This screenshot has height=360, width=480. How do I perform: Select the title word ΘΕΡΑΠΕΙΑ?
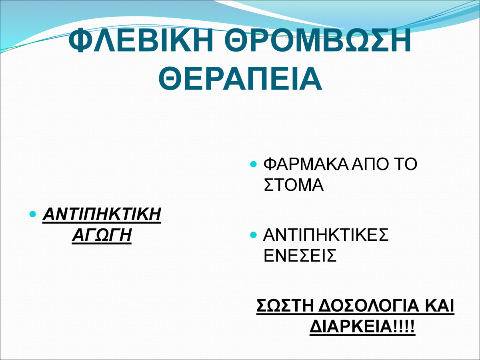click(240, 78)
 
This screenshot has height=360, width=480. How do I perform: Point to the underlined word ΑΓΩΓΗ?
click(102, 234)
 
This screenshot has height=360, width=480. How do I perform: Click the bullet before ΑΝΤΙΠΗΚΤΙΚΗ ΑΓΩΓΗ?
click(32, 214)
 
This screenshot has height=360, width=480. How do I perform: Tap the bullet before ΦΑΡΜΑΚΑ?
click(253, 164)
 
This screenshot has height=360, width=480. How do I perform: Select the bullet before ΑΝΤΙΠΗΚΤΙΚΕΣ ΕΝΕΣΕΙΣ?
click(253, 235)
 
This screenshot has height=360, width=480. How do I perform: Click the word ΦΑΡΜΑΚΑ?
click(306, 164)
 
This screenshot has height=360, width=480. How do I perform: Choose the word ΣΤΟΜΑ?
click(294, 185)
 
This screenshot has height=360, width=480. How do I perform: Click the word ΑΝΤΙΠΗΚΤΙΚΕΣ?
click(326, 234)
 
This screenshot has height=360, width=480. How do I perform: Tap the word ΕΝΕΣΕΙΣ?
click(300, 255)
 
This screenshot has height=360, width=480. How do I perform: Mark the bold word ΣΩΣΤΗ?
click(285, 306)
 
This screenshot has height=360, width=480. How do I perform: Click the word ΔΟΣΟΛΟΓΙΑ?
click(369, 306)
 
